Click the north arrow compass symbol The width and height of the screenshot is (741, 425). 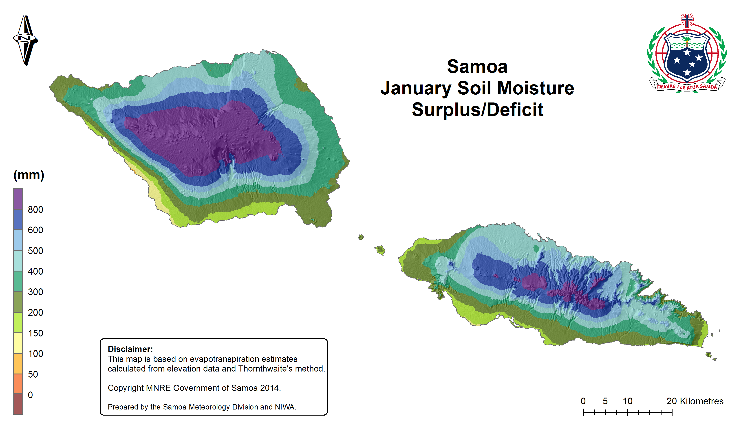coord(26,41)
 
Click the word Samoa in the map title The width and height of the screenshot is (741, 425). coord(477,67)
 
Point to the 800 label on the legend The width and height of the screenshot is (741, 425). coord(35,210)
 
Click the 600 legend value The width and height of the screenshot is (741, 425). coord(35,230)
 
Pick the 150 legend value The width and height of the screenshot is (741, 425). coord(35,333)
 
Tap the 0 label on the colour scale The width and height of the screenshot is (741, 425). coord(30,395)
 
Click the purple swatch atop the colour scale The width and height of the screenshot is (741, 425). coord(18,199)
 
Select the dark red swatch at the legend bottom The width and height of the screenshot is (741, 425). coord(18,404)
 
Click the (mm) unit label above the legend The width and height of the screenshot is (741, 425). coord(29,175)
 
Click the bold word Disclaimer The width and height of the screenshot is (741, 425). coord(130,349)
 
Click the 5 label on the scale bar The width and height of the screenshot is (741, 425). coord(605,401)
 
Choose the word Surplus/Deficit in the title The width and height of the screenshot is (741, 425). coord(477,110)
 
